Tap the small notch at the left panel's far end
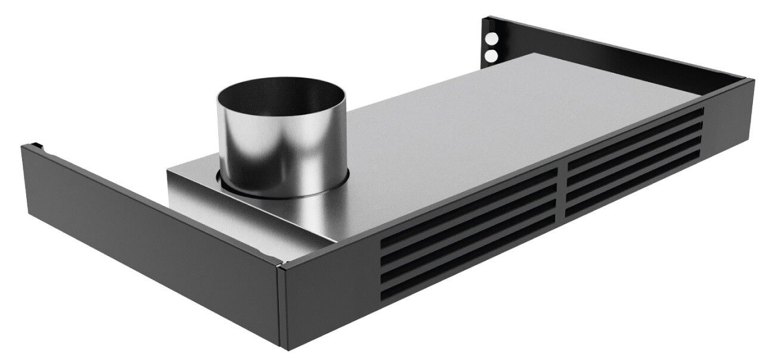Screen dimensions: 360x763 click(x=36, y=145)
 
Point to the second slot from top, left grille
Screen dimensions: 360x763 click(x=468, y=229)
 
